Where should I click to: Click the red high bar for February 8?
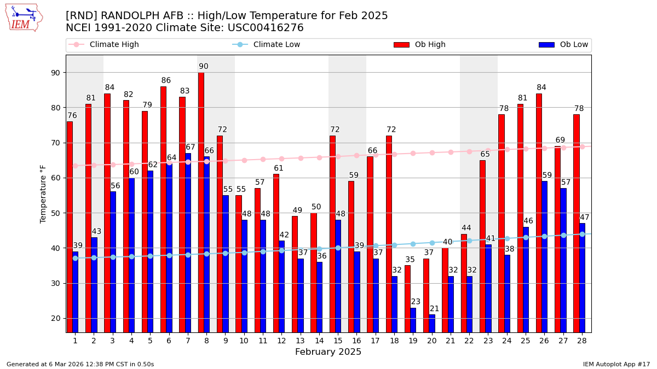pos(201,202)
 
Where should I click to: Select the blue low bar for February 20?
pos(432,323)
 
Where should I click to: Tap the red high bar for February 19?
pos(407,298)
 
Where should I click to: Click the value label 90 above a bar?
pos(204,67)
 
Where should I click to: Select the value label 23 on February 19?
pos(416,302)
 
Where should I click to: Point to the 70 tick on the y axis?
pos(55,143)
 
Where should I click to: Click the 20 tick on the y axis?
pos(55,318)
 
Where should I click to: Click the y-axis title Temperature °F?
pos(43,194)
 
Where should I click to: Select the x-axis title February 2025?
pos(328,352)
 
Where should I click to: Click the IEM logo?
pos(24,17)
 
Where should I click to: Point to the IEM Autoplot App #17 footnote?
pos(616,364)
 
